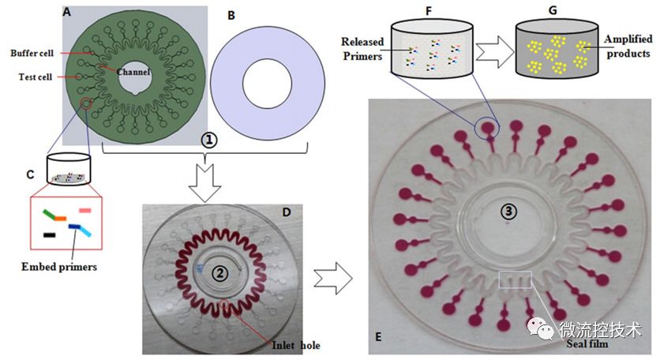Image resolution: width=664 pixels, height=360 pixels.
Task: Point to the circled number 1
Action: pos(208,140)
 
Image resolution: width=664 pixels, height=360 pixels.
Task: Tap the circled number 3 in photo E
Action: pos(508,211)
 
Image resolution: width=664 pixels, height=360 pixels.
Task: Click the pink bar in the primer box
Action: pos(85,211)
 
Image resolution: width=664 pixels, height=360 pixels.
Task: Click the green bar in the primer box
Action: pos(54,214)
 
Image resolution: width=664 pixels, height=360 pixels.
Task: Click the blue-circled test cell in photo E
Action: pos(490,126)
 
